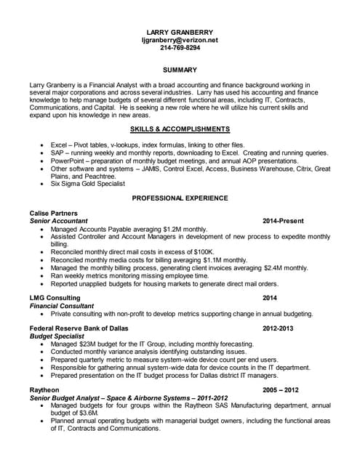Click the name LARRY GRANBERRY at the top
(x=179, y=33)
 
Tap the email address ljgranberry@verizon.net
(x=179, y=41)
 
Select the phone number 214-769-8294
(x=179, y=48)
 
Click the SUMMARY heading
(x=180, y=70)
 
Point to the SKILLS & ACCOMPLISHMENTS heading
(x=180, y=129)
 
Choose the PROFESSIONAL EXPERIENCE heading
(x=180, y=198)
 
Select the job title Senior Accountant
(x=58, y=220)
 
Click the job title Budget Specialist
(x=58, y=336)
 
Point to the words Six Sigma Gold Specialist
(x=91, y=184)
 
